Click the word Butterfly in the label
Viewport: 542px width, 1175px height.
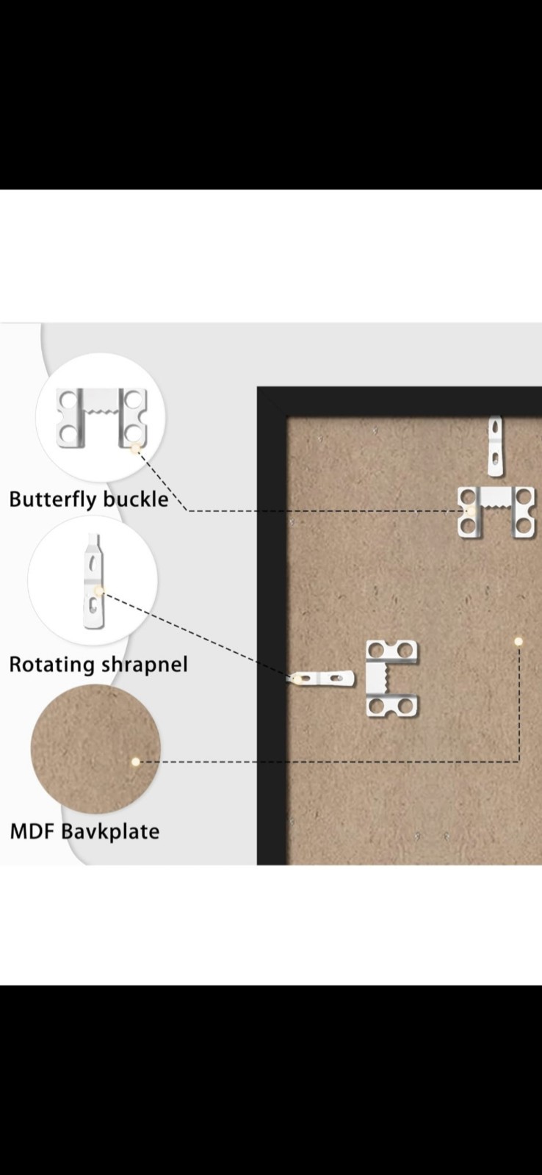coord(54,499)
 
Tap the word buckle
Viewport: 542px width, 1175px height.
coord(136,499)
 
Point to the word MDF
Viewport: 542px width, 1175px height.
coord(33,831)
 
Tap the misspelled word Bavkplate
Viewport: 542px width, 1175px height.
coord(110,832)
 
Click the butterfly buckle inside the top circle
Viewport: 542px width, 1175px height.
coord(102,418)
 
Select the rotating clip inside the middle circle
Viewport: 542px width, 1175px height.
coord(93,581)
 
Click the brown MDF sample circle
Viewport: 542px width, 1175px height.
coord(95,749)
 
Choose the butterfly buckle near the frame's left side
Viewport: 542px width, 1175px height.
coord(392,679)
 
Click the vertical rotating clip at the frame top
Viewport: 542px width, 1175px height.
coord(495,446)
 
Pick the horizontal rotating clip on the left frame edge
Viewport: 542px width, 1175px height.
coord(320,679)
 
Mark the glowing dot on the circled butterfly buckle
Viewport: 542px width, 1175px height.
coord(135,449)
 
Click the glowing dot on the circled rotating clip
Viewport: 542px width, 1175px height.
coord(98,590)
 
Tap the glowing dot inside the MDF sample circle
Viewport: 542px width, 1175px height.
coord(135,762)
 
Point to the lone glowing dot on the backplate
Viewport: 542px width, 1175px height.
coord(518,641)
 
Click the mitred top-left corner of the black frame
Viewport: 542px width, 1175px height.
coord(258,388)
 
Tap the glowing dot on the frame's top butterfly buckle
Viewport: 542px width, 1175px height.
coord(471,510)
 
